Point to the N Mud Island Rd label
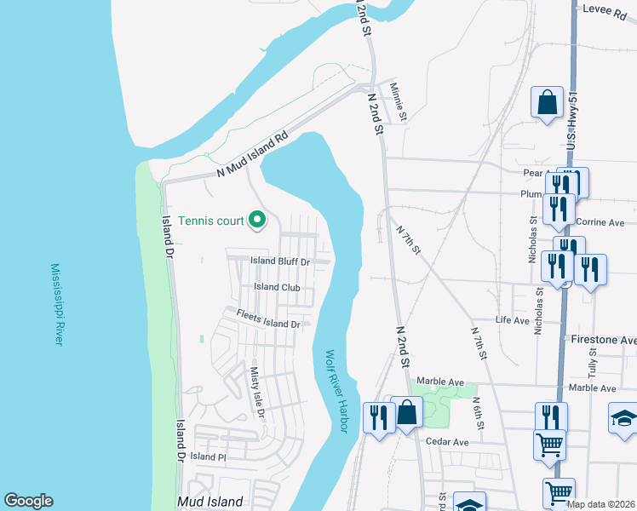coord(253,154)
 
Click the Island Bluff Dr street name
coord(279,261)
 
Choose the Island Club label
coord(277,287)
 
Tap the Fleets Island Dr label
coord(268,324)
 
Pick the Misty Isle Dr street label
coord(257,393)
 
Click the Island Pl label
coord(208,456)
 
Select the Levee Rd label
coord(605,8)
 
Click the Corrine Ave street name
coord(600,222)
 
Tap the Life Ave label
coord(514,319)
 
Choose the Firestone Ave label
coord(604,340)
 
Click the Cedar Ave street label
coord(448,442)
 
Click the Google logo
coord(28,501)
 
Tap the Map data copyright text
coord(600,504)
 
